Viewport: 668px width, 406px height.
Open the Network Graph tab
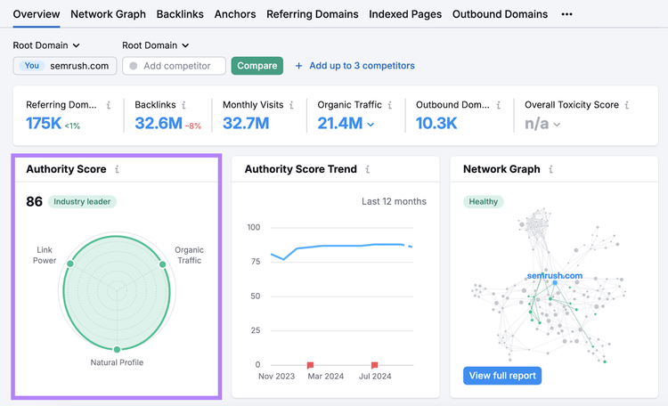pyautogui.click(x=108, y=14)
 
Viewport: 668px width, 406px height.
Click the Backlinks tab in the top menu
pyautogui.click(x=180, y=14)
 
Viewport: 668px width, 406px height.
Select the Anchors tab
pyautogui.click(x=235, y=14)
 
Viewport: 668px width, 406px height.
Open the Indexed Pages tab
pyautogui.click(x=405, y=14)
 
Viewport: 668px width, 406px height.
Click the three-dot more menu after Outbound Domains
pyautogui.click(x=566, y=14)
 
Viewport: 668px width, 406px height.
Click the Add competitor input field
pyautogui.click(x=174, y=66)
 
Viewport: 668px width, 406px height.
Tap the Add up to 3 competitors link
pyautogui.click(x=354, y=66)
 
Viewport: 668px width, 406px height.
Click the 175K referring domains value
pyautogui.click(x=44, y=124)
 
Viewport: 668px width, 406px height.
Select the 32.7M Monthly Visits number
pyautogui.click(x=246, y=124)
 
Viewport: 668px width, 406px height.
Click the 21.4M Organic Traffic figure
pyautogui.click(x=340, y=124)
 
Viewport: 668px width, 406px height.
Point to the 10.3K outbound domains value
pyautogui.click(x=436, y=124)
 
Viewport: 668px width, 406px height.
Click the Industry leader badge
pyautogui.click(x=82, y=201)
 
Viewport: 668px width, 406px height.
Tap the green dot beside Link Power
pyautogui.click(x=70, y=264)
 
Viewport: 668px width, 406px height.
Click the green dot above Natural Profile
pyautogui.click(x=117, y=349)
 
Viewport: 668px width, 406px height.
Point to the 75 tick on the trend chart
pyautogui.click(x=256, y=262)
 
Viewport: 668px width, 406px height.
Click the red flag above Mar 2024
pyautogui.click(x=310, y=365)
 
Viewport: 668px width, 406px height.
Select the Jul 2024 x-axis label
pyautogui.click(x=375, y=377)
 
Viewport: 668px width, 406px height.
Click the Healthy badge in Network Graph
pyautogui.click(x=483, y=201)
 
